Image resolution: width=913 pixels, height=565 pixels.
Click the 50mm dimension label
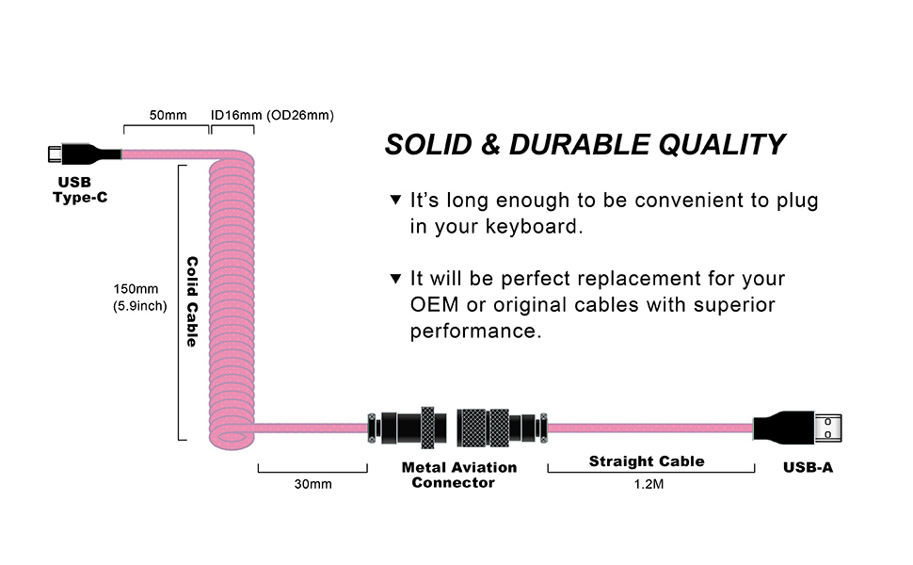click(168, 115)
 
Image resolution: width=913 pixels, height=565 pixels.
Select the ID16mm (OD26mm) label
click(272, 115)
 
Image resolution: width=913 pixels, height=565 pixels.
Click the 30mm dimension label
click(312, 484)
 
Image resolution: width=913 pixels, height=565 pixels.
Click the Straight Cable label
click(647, 460)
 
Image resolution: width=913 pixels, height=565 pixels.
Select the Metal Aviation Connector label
click(458, 475)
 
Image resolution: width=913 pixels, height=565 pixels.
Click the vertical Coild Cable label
click(191, 301)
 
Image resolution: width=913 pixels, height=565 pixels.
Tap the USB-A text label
click(808, 467)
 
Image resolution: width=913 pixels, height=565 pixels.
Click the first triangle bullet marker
click(395, 201)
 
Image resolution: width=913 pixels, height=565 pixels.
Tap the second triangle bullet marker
click(395, 280)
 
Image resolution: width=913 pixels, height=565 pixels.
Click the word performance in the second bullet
click(474, 331)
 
